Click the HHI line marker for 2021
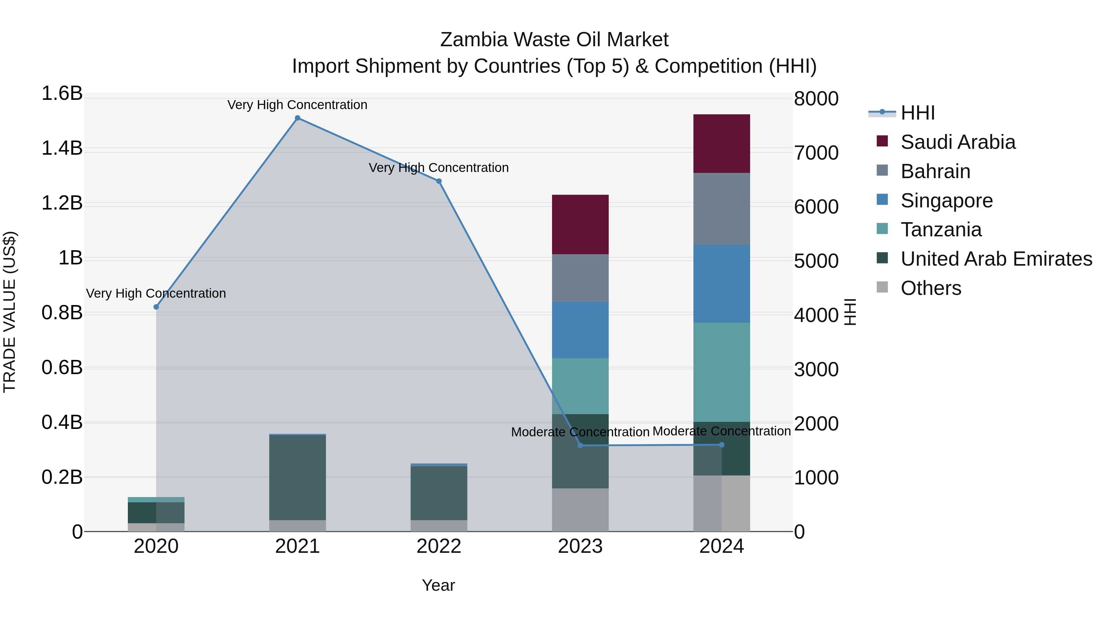pos(298,118)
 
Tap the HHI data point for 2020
pos(156,307)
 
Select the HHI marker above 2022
pos(439,181)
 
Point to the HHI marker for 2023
pos(580,445)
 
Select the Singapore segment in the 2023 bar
pos(580,330)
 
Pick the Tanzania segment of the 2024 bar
pos(721,372)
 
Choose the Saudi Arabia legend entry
pos(957,142)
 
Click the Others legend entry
pos(931,288)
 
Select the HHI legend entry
pos(917,113)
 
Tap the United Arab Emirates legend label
pos(996,259)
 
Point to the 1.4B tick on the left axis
pos(62,148)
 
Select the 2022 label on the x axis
pos(439,546)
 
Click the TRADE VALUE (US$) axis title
pos(10,312)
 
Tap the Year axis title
pos(438,585)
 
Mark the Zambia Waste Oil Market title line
pos(554,40)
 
